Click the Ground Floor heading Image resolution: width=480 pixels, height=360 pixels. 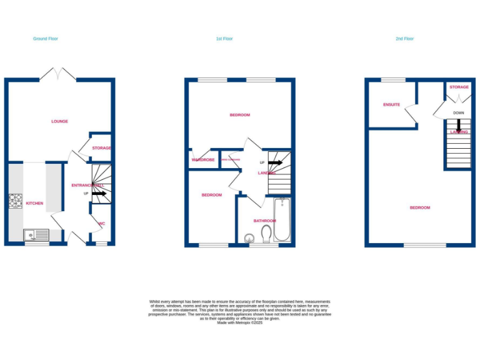[46, 39]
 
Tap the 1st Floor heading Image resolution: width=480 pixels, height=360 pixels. [224, 39]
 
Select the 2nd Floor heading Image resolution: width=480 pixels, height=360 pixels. [404, 39]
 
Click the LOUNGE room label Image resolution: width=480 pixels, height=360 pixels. [60, 121]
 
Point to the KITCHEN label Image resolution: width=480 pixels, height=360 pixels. [34, 204]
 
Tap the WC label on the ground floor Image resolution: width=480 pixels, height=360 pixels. [101, 223]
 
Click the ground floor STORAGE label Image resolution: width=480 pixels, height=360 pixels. [101, 148]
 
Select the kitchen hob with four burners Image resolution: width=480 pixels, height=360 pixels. [15, 201]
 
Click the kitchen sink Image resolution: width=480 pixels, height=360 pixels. [36, 235]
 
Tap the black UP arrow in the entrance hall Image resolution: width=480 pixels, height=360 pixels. [99, 194]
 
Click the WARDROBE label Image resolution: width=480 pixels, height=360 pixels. [203, 160]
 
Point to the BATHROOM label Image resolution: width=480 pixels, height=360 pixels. [264, 221]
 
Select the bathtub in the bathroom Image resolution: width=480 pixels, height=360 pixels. [282, 220]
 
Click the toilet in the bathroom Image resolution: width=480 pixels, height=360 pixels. [267, 234]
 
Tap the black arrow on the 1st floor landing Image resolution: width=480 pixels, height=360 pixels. [276, 162]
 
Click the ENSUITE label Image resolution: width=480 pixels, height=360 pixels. [392, 104]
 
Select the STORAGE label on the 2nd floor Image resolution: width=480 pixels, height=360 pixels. [459, 87]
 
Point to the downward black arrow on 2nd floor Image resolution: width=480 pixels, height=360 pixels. [459, 126]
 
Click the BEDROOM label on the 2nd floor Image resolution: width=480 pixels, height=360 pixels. [420, 207]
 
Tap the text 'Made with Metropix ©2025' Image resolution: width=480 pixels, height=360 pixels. [240, 322]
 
